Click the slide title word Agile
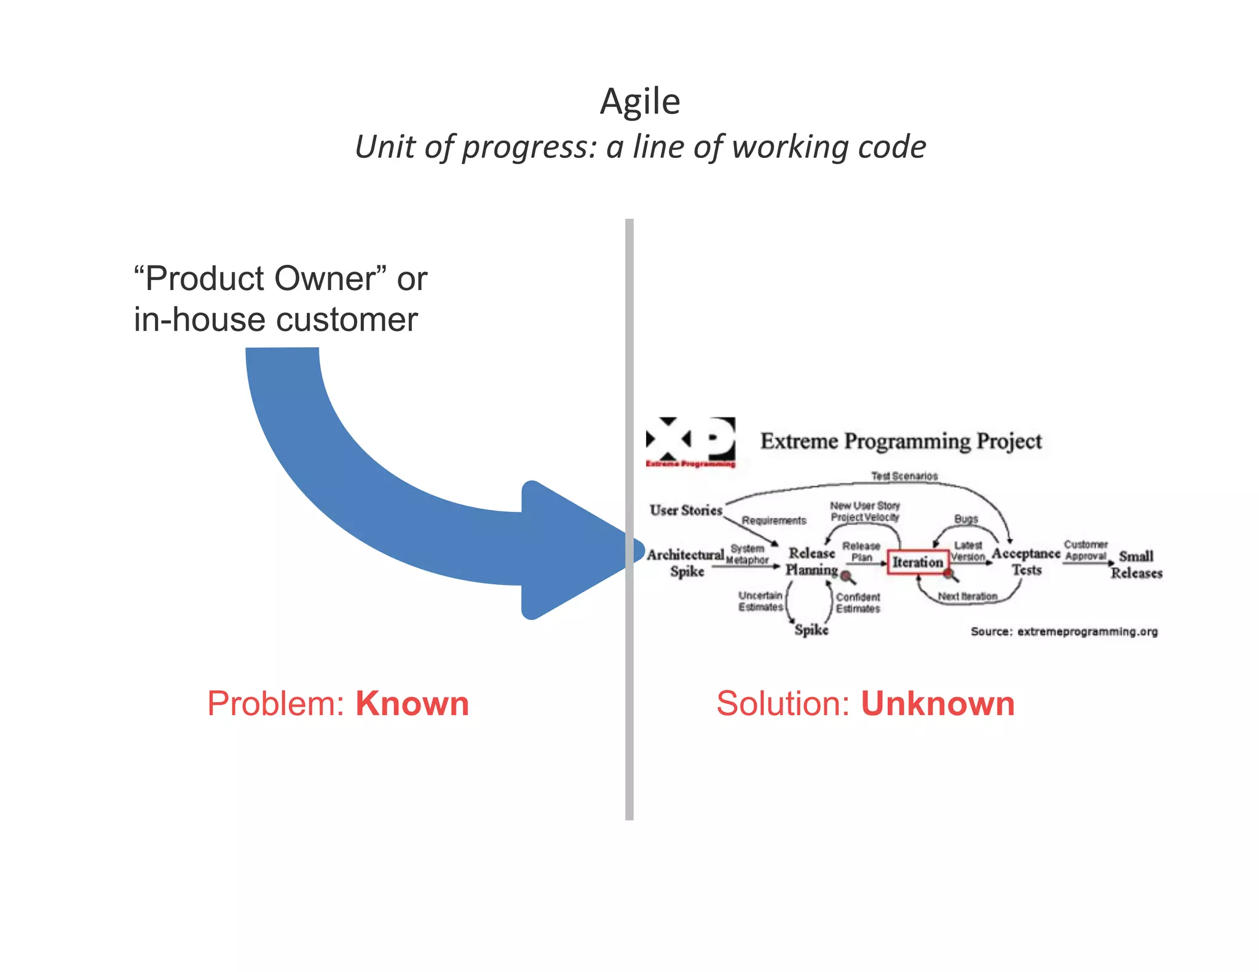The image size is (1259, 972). [640, 101]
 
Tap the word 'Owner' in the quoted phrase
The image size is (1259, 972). [325, 279]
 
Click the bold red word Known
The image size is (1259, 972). [412, 704]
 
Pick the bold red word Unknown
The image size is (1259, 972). [937, 704]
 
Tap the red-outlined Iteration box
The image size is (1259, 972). [917, 562]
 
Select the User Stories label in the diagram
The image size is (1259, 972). [685, 510]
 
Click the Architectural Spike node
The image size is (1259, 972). [685, 563]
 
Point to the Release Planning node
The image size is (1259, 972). [811, 562]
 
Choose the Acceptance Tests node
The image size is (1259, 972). [1026, 562]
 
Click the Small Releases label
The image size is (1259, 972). [1136, 565]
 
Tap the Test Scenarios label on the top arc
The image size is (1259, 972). [904, 476]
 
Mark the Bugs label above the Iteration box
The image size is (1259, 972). [966, 519]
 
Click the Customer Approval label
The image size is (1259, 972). [1086, 551]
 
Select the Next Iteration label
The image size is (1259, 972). [968, 596]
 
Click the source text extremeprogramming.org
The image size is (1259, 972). [1087, 632]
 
